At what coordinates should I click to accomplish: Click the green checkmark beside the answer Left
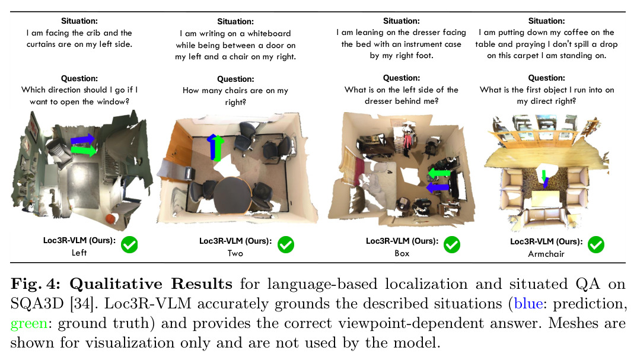129,245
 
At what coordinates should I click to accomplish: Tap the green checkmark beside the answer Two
286,245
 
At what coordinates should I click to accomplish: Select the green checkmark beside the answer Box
452,245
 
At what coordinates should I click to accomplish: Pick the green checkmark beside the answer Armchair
596,245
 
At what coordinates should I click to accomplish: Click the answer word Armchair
546,254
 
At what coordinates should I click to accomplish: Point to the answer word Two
235,254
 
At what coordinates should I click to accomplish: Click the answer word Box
402,254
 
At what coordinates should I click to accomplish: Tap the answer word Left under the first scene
79,253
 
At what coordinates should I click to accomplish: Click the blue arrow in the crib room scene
83,140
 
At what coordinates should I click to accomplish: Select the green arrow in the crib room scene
84,150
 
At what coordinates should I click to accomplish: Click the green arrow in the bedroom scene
439,174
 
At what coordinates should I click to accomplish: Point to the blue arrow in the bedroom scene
438,187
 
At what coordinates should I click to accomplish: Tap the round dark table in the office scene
233,196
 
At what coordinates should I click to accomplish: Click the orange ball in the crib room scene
110,219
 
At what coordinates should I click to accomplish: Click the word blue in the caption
528,304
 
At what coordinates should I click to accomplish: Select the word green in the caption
29,324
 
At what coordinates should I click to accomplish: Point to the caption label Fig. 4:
36,284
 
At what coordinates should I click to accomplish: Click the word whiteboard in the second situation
269,33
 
